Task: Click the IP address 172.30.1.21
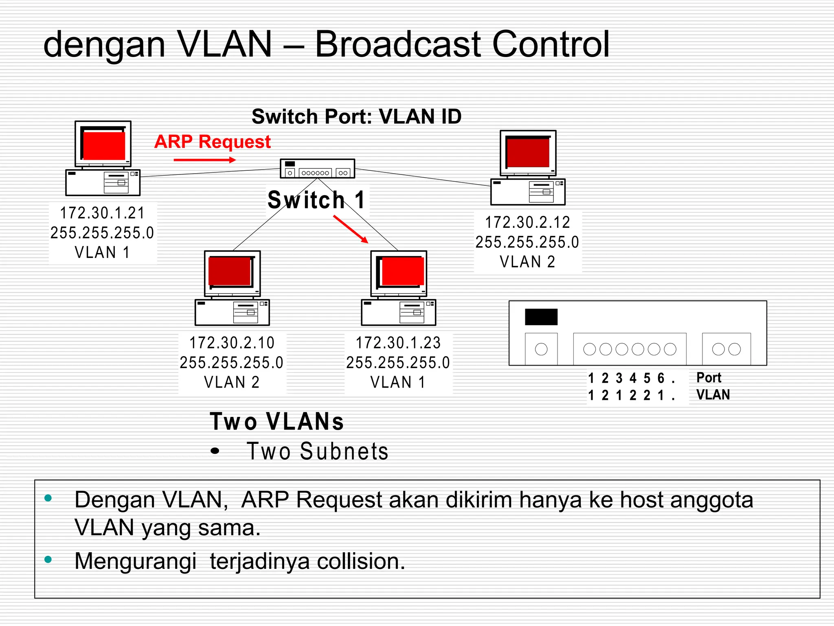102,213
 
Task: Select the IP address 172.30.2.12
527,223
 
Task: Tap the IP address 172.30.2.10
232,343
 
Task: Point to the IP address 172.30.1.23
398,343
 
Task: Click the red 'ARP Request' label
212,142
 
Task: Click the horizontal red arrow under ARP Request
204,160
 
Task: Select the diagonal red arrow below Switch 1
351,229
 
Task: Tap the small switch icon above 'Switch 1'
317,168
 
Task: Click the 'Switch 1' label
316,200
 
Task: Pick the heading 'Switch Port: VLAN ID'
356,117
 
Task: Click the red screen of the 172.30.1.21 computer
104,145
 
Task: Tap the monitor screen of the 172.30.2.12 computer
528,152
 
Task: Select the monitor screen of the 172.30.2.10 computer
230,271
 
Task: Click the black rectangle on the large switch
541,317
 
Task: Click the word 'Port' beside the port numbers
709,378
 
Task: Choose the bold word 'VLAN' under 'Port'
713,395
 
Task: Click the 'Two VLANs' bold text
277,421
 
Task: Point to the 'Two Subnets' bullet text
317,452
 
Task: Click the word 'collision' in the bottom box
361,561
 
